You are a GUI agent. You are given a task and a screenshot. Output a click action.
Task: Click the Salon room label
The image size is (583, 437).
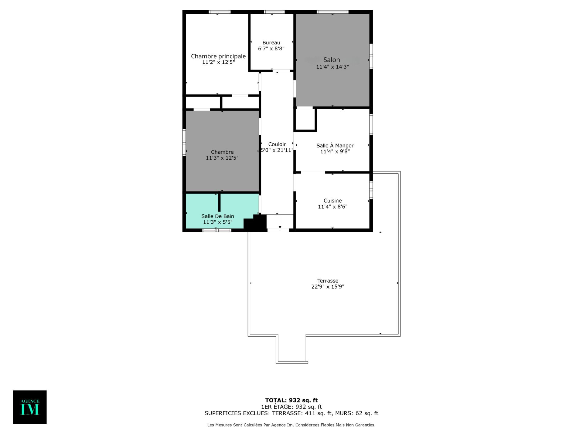[x=332, y=60]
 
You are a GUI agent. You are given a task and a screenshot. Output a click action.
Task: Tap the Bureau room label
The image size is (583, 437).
[x=271, y=43]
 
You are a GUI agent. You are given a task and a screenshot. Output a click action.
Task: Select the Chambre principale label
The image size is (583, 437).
[x=218, y=56]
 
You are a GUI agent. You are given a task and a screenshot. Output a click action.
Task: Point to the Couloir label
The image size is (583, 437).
[x=277, y=144]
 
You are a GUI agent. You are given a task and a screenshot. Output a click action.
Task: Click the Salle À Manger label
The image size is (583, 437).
[x=335, y=146]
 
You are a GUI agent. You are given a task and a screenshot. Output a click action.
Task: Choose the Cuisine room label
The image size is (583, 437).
[x=332, y=201]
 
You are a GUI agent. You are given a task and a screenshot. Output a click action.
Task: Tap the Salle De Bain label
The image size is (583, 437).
[x=218, y=216]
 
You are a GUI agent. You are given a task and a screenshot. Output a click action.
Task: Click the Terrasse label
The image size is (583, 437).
[x=328, y=281]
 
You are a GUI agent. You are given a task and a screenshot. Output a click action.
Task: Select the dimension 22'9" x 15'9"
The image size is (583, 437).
[x=328, y=286]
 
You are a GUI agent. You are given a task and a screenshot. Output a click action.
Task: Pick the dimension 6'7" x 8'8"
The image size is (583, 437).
[x=271, y=49]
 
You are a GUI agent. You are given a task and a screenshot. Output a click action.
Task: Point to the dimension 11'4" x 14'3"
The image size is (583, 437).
[x=332, y=67]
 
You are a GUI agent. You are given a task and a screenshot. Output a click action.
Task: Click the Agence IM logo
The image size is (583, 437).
[x=30, y=407]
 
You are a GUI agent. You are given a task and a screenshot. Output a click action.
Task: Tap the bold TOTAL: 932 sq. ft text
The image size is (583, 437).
[x=291, y=400]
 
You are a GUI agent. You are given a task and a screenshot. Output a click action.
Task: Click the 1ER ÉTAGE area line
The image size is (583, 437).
[x=291, y=407]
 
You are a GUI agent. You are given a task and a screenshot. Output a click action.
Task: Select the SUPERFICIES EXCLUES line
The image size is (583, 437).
[x=291, y=413]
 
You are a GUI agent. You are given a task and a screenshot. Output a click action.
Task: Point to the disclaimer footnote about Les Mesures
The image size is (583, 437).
[x=291, y=425]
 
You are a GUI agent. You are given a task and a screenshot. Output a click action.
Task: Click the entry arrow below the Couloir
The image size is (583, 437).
[x=280, y=222]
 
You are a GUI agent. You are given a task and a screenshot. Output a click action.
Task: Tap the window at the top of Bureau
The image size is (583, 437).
[x=274, y=12]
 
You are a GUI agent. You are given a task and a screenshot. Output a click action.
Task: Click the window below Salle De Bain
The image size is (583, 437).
[x=217, y=230]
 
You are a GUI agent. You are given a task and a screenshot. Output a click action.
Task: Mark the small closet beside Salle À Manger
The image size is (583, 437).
[x=305, y=119]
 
